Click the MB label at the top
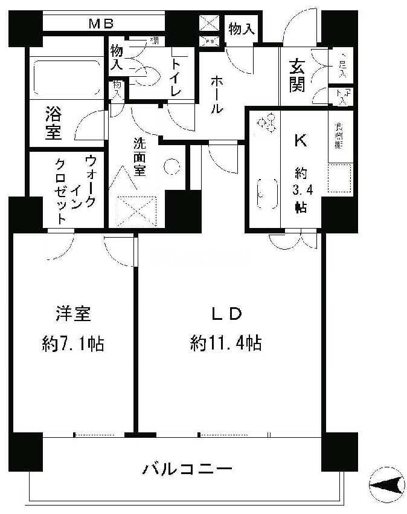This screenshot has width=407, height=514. coord(102,24)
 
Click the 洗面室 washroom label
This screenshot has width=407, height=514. coord(140,157)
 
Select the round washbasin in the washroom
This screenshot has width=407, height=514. coord(172,166)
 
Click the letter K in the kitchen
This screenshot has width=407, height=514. coord(300,140)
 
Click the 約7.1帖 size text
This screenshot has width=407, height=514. coord(73,344)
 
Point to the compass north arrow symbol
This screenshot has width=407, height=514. coord(387,484)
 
